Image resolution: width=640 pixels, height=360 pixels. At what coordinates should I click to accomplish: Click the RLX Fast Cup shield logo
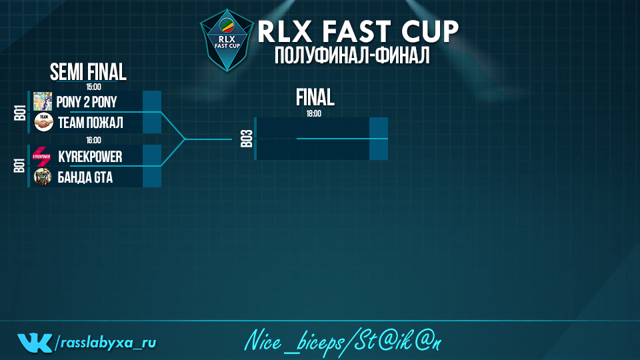(x=227, y=41)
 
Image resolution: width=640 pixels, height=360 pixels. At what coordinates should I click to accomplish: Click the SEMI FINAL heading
(x=88, y=72)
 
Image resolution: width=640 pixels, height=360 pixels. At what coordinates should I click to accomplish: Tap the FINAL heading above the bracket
(x=315, y=98)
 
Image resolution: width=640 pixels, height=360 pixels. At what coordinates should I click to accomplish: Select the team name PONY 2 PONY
(x=87, y=102)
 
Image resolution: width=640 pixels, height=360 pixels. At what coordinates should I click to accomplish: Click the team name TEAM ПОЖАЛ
(x=90, y=123)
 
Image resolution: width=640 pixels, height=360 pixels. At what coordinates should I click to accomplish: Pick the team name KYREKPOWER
(x=90, y=157)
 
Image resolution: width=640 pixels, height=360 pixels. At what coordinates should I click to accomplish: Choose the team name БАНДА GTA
(x=85, y=177)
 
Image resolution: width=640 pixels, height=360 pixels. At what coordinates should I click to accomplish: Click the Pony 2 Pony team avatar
(x=43, y=101)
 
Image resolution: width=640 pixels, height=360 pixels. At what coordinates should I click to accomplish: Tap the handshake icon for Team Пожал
(x=43, y=123)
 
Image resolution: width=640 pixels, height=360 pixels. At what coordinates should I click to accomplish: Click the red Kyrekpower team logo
(x=41, y=156)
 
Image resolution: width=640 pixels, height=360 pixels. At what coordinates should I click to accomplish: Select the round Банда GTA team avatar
(x=43, y=177)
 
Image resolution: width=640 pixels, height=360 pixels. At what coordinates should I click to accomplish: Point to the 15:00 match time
(x=93, y=87)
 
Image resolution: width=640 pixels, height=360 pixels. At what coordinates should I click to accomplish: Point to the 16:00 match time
(x=93, y=141)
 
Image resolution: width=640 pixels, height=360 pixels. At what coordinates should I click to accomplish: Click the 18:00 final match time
(x=314, y=114)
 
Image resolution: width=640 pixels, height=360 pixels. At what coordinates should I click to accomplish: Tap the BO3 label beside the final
(x=247, y=139)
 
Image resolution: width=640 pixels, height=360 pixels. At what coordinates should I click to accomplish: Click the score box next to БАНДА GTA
(x=152, y=177)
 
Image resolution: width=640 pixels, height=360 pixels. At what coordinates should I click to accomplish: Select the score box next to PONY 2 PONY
(x=152, y=101)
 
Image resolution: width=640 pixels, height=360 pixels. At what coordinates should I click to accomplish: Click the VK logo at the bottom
(x=35, y=343)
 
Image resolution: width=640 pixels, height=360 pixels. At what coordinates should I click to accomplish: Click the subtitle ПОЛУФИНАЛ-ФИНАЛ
(x=352, y=55)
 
